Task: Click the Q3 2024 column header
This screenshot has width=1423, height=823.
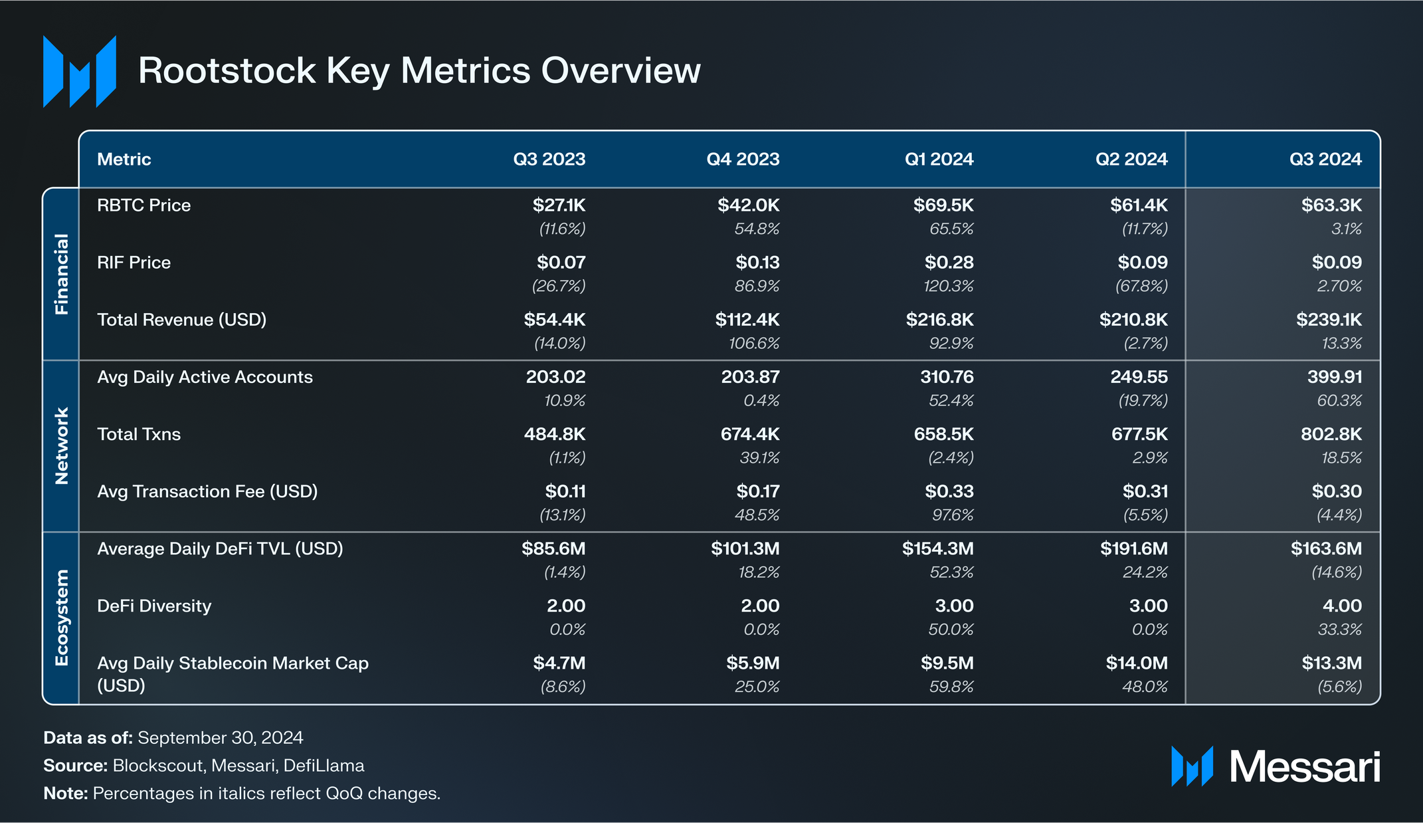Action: pos(1325,160)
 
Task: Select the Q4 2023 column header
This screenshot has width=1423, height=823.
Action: pos(743,160)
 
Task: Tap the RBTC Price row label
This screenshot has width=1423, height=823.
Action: pos(143,205)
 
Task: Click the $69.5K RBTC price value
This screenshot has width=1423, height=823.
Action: pos(943,205)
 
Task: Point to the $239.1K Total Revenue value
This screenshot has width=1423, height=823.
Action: pos(1328,320)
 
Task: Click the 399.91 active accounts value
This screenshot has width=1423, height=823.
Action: pos(1334,377)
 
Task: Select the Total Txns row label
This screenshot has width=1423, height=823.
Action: pos(139,435)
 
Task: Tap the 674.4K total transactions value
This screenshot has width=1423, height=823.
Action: pos(749,435)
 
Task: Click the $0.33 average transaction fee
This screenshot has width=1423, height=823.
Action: pos(949,492)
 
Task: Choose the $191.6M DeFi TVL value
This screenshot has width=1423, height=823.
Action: pos(1133,549)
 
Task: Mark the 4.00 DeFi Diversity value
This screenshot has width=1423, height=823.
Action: pos(1342,606)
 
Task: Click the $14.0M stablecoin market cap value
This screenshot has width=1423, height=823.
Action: pos(1136,663)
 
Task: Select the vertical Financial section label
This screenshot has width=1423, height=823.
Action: pos(61,274)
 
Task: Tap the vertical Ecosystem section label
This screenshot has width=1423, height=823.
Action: pos(61,618)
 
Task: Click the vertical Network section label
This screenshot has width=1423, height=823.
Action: pos(61,446)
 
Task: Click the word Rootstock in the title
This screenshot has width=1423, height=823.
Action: pos(227,70)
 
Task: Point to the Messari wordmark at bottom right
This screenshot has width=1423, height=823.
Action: pos(1304,767)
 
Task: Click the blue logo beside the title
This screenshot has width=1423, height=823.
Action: pos(80,71)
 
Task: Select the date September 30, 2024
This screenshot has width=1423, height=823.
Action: pos(220,738)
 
